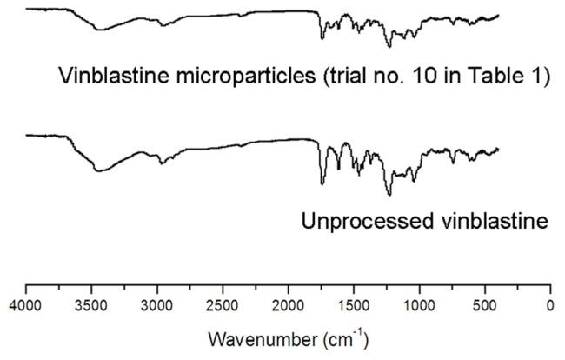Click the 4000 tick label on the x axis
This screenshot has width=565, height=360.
coord(25,305)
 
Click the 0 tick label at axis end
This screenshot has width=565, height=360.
coord(549,305)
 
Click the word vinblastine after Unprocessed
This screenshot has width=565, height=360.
coord(492,221)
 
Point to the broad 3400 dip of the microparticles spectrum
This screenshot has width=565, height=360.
coord(100,30)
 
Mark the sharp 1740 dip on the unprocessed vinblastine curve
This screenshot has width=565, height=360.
coord(322,183)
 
